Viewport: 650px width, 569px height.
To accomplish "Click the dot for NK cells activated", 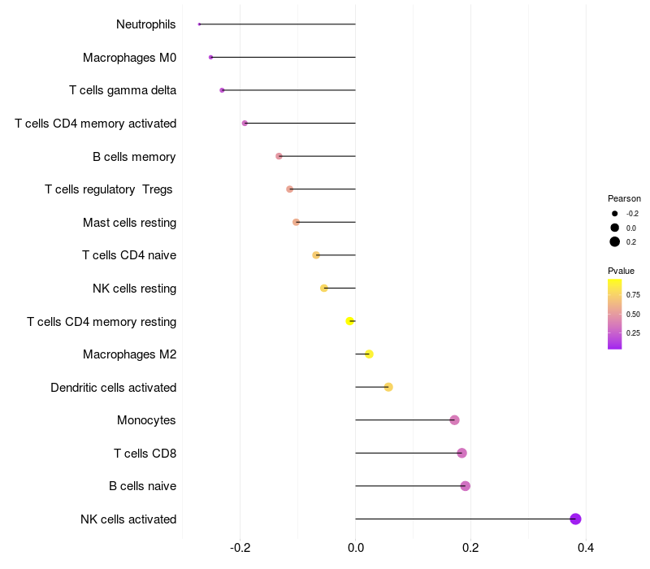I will [575, 519].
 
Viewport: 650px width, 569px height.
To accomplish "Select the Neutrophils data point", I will [199, 24].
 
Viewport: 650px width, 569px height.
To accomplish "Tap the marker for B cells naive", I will [465, 486].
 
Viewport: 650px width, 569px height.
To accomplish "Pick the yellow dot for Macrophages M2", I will [369, 354].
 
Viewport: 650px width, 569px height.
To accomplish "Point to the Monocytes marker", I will [454, 420].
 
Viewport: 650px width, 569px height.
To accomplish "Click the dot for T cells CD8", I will [461, 453].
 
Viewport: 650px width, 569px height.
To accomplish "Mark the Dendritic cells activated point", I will [388, 387].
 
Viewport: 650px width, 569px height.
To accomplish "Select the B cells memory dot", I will [279, 156].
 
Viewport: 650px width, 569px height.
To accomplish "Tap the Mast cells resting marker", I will [296, 222].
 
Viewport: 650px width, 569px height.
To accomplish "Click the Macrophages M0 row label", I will [129, 58].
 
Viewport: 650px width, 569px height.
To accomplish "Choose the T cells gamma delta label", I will [123, 90].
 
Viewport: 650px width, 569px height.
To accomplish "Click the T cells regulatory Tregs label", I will [109, 189].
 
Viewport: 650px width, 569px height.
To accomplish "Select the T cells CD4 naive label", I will [129, 255].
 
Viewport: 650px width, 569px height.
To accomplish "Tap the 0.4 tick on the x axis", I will [585, 548].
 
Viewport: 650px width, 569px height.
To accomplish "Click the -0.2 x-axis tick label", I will [240, 548].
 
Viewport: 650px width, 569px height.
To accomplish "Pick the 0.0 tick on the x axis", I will [356, 548].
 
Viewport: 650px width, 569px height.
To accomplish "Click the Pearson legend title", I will [624, 198].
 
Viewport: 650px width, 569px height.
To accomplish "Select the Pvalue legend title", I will [621, 271].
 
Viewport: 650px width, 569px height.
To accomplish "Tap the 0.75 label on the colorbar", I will [633, 294].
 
